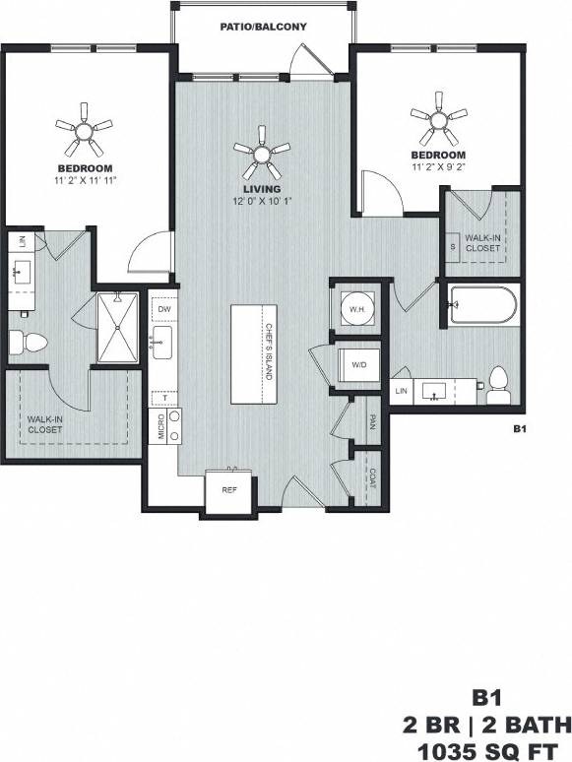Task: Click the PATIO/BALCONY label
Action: pos(263,28)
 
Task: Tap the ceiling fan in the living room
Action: pos(262,149)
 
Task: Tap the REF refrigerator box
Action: pos(228,489)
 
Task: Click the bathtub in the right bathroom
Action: pos(480,306)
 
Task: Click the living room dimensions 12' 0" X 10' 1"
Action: pos(262,202)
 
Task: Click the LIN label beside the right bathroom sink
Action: pos(400,392)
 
